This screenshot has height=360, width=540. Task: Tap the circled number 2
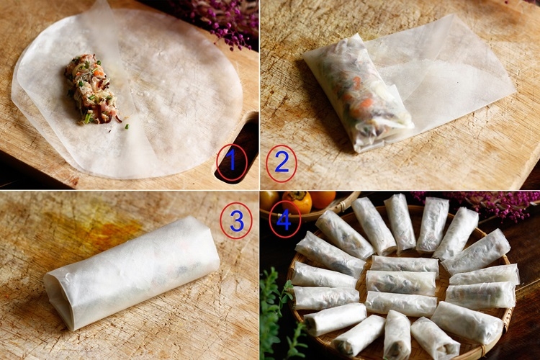(282, 162)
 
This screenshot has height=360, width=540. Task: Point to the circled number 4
(284, 219)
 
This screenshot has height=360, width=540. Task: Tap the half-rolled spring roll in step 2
(358, 93)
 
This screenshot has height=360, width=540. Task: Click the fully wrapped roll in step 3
(132, 272)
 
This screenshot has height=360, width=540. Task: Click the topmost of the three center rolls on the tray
(405, 264)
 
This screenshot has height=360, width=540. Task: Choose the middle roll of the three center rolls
(401, 282)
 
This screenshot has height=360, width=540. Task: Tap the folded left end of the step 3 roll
(60, 299)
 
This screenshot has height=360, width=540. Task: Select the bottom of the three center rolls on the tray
(401, 304)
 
